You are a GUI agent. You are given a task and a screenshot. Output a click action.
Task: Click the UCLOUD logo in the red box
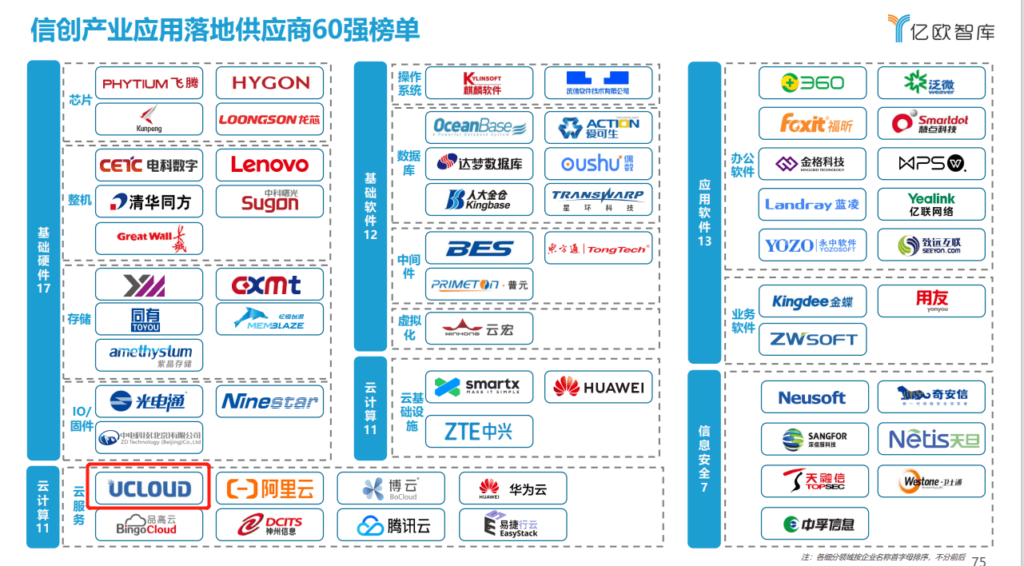(149, 488)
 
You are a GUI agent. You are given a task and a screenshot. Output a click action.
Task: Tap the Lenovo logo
(269, 165)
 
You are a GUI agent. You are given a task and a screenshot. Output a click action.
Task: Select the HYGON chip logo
(269, 82)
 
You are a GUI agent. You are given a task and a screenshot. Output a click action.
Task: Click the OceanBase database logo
(479, 126)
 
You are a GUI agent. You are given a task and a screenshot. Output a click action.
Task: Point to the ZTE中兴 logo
(479, 432)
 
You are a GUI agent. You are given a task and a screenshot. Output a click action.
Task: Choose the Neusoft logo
(811, 397)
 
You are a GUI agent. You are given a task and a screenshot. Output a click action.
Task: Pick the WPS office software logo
(931, 164)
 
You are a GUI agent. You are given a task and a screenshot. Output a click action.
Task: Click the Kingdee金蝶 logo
(812, 301)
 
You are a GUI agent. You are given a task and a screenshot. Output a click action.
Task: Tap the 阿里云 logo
(270, 488)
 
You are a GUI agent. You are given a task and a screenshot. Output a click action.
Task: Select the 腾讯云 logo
(391, 525)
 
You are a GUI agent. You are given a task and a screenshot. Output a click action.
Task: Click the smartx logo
(479, 387)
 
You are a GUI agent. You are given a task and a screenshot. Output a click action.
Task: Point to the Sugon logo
(269, 201)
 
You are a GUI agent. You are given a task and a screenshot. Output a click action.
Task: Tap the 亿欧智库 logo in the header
(942, 29)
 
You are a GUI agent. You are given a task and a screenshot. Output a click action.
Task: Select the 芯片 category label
(81, 101)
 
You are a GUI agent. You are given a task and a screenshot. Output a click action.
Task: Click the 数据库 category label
(408, 163)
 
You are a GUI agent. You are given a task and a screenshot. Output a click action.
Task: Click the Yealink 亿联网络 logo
(931, 205)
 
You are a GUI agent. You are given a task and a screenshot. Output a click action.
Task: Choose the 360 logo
(812, 82)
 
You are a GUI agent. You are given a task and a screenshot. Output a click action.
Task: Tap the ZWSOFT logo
(812, 339)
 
